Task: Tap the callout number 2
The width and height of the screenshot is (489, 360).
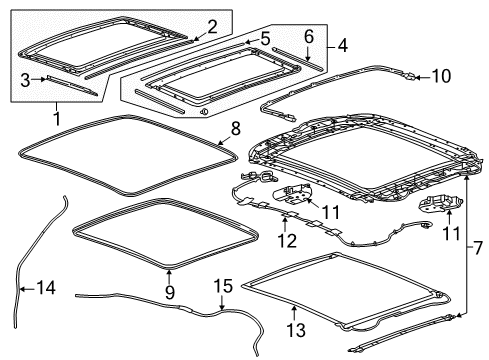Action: (210, 25)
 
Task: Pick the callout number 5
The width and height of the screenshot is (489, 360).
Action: (265, 38)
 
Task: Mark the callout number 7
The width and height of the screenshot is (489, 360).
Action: (478, 245)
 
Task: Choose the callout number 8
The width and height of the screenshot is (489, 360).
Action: (236, 129)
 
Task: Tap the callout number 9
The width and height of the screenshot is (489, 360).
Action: (169, 291)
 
